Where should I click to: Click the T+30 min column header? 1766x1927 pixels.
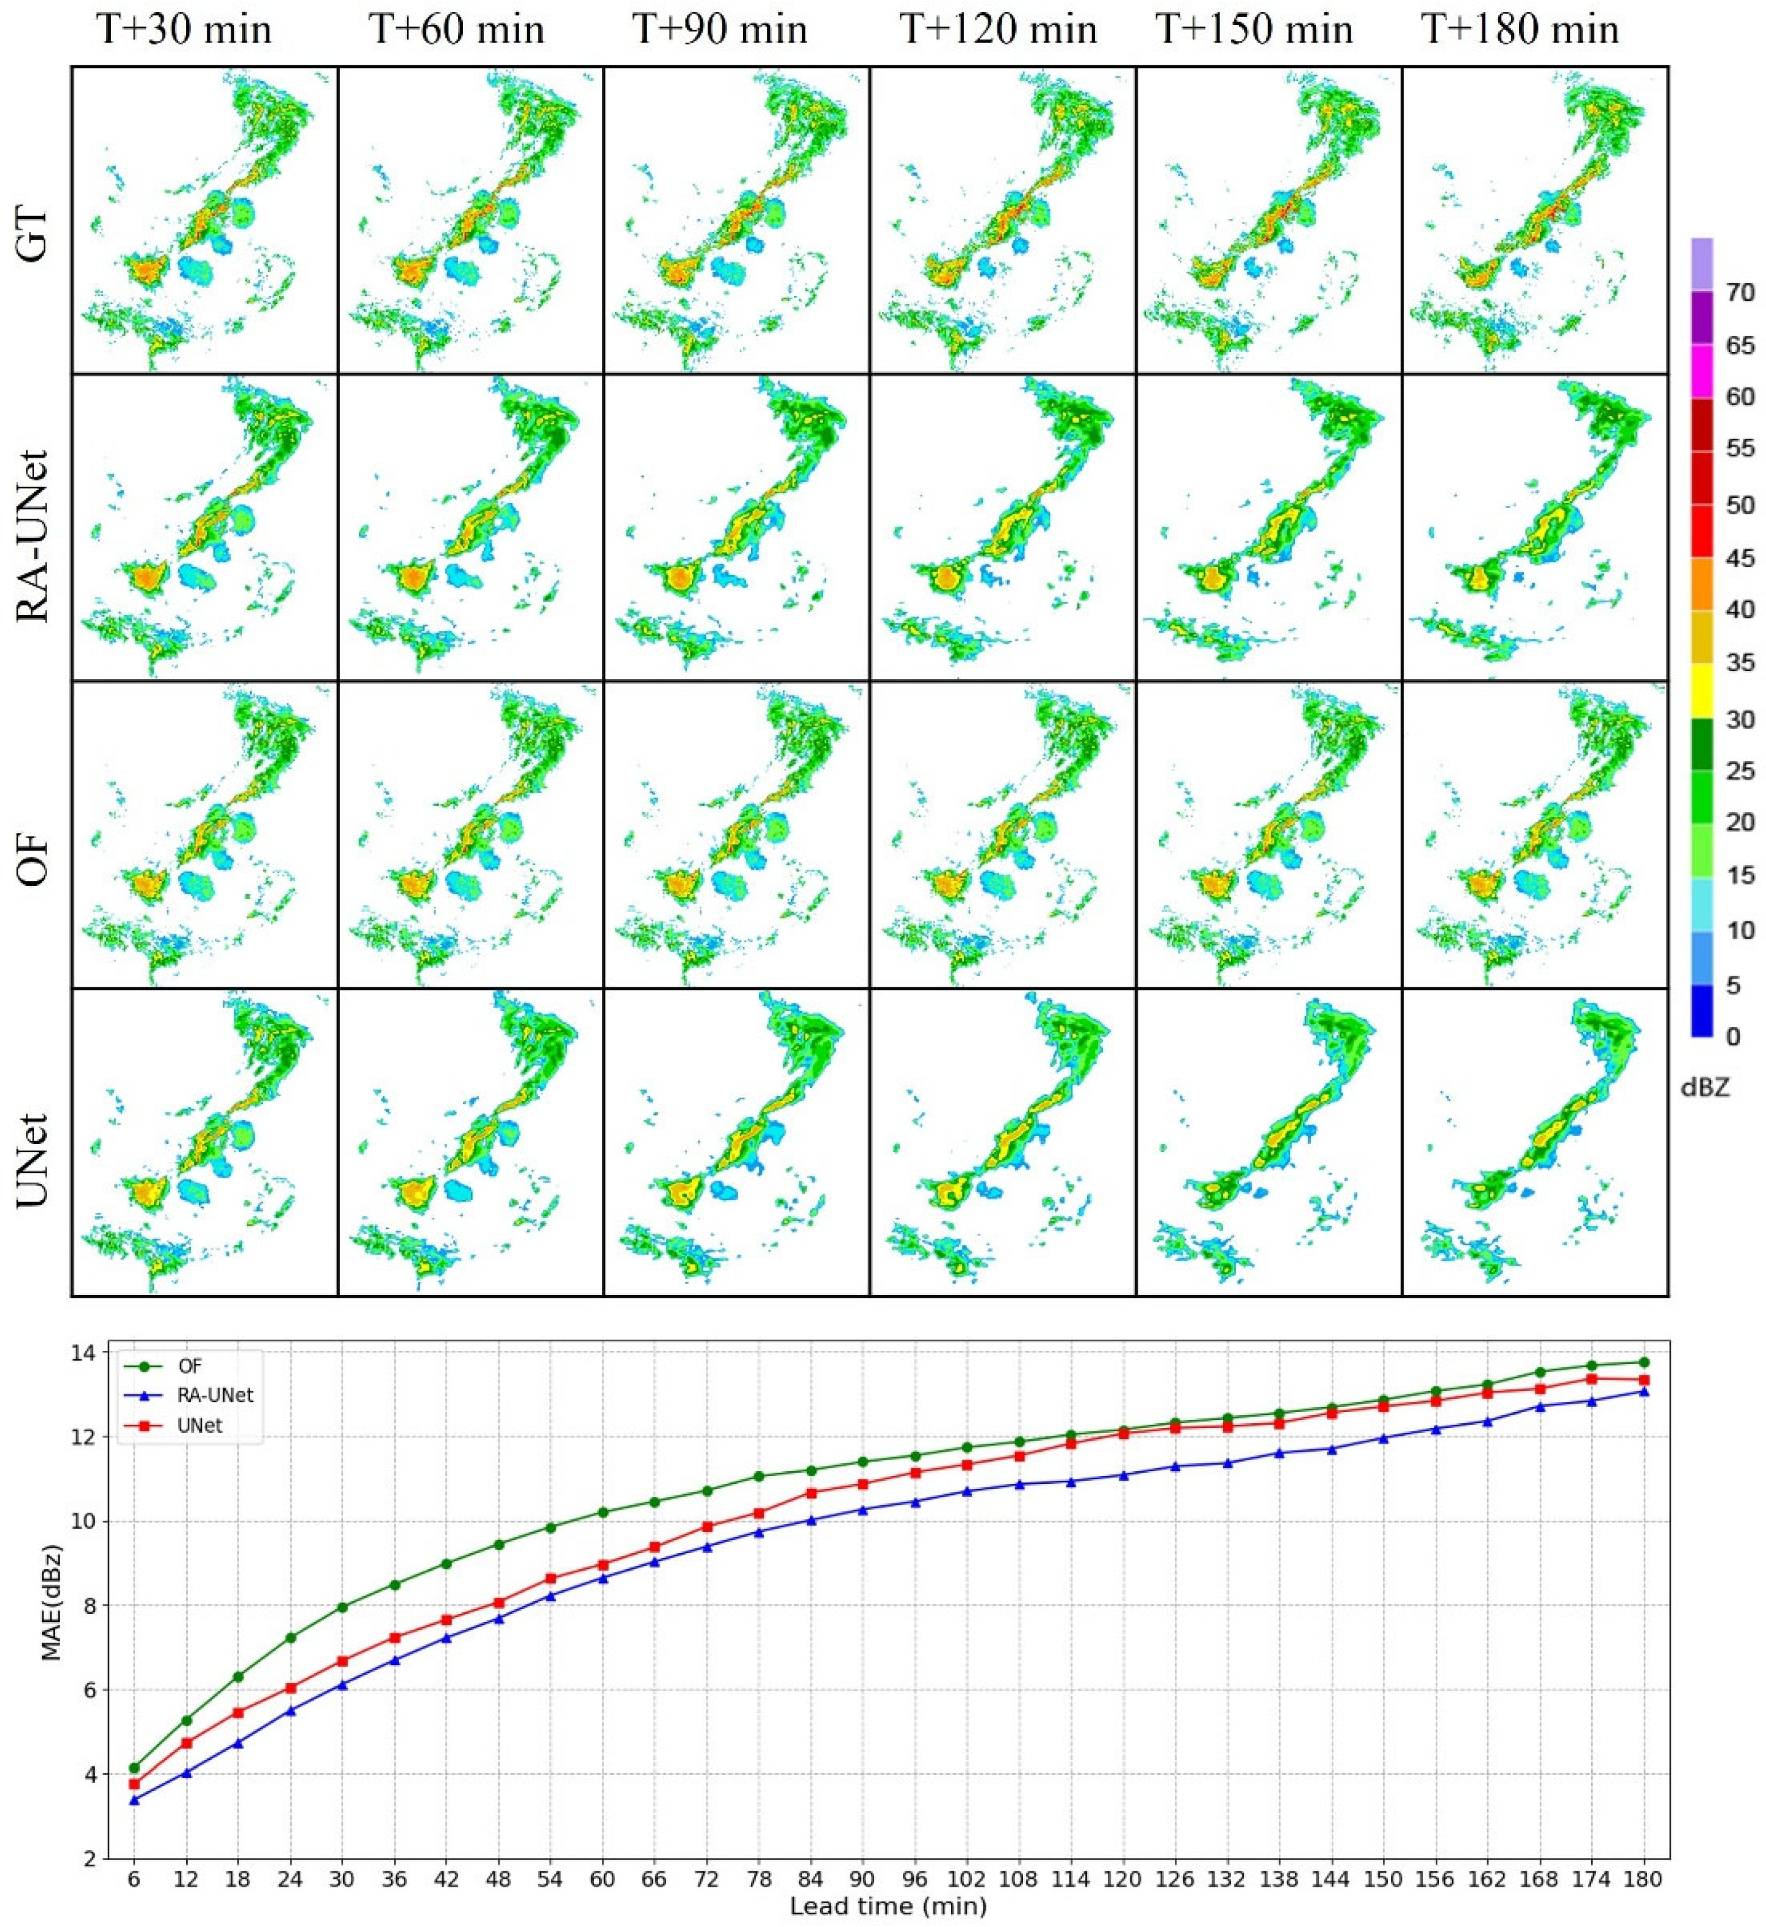tap(184, 30)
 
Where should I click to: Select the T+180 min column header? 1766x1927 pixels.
tap(1520, 30)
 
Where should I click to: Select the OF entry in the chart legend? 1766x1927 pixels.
tap(191, 1366)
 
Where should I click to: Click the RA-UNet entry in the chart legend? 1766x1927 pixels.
tap(215, 1396)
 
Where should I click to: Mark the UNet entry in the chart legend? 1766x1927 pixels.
tap(199, 1425)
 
